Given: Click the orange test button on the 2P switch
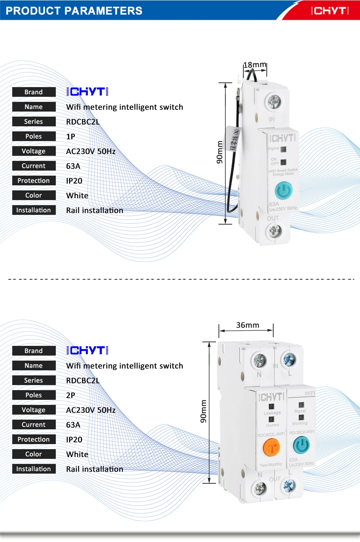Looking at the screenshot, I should coord(271,448).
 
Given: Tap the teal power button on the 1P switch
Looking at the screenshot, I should coord(284,190).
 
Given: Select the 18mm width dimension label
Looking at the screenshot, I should coord(255,65).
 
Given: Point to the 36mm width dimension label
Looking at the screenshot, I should coord(248,325).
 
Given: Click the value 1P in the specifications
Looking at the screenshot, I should coord(71,137).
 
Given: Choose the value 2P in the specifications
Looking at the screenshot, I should coord(71,396).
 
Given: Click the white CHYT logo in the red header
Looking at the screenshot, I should coord(330,11).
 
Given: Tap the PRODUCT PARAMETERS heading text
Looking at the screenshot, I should coord(74,11).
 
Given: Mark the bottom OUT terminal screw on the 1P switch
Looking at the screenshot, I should coord(274,231).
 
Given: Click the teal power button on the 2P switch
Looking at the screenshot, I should coord(301,446).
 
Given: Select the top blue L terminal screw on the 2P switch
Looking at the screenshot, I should coord(289,360).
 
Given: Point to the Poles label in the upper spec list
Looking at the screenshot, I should coord(33,136).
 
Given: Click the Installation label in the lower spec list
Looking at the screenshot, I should coord(33,469).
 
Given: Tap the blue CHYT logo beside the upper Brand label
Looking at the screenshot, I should coord(87,92).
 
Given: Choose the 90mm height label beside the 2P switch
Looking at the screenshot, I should coord(203,411).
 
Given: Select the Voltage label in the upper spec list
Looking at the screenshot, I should coord(33,151).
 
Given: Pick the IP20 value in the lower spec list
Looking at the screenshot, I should coord(74,440).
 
